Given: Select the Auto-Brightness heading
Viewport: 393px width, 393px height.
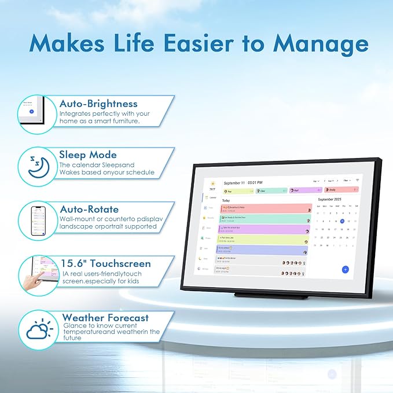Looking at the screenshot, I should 98,104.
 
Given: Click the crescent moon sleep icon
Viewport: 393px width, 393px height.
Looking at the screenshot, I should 39,165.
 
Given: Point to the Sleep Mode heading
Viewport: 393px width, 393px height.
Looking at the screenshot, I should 87,155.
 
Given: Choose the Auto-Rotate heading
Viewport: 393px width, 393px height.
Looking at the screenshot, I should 90,209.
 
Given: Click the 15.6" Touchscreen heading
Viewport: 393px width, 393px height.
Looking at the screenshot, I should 105,263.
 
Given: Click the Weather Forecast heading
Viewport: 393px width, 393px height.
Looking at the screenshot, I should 105,317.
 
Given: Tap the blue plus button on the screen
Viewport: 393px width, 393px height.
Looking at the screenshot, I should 345,269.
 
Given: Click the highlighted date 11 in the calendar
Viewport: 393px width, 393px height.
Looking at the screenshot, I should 342,221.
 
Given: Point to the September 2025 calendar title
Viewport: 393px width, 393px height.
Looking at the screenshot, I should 331,199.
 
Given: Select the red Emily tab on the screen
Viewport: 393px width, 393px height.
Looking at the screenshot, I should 341,190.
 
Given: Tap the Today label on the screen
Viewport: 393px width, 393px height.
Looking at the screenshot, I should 226,200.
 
